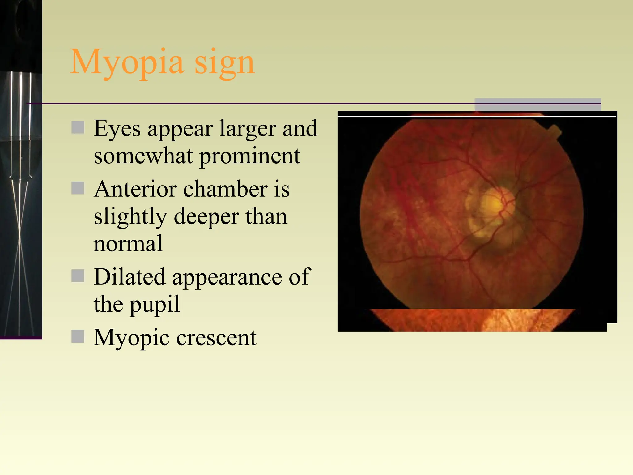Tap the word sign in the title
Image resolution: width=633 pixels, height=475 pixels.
(224, 63)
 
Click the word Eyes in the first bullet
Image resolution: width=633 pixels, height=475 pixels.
(117, 129)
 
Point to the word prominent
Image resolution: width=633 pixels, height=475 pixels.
(250, 156)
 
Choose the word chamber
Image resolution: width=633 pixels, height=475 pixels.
(225, 189)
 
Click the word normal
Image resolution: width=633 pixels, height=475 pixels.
(128, 244)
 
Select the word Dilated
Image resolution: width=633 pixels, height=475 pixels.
(130, 277)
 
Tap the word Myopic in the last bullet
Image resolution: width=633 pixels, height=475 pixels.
(132, 338)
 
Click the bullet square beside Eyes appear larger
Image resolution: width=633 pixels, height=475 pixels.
(78, 127)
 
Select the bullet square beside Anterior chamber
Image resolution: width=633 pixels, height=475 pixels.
(78, 188)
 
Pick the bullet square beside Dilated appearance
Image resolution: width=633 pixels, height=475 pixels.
(78, 276)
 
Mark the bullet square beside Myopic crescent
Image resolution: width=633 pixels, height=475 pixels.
(78, 336)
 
